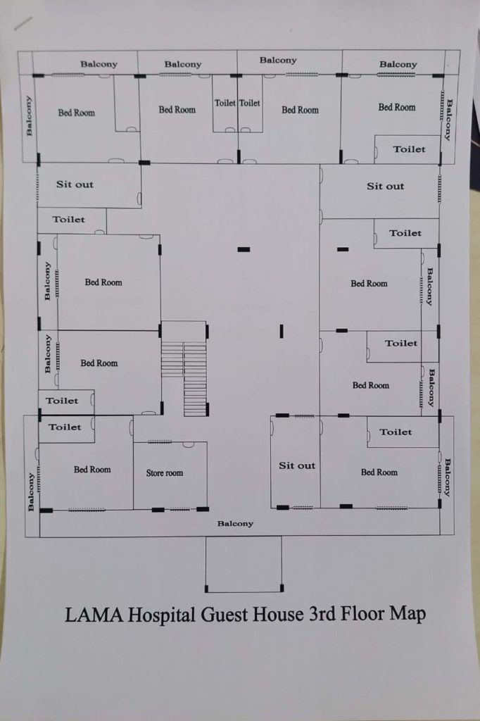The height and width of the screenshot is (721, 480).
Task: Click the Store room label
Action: (165, 472)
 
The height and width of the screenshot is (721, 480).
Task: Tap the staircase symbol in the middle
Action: (184, 368)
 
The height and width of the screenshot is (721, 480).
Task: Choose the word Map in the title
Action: (408, 614)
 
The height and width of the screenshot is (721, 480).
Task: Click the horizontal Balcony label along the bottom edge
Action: (235, 523)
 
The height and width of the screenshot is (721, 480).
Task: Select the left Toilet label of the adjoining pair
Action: (225, 103)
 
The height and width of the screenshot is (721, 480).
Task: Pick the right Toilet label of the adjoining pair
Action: (250, 103)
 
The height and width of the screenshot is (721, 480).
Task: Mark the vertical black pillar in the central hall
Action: (282, 331)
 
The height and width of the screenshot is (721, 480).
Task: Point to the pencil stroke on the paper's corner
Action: (23, 23)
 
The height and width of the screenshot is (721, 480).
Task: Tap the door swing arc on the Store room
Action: (188, 445)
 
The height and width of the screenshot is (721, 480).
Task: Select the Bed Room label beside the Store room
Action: (92, 470)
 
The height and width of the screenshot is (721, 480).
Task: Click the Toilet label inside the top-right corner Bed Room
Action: (409, 149)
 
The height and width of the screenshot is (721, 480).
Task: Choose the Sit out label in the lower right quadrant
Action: (297, 465)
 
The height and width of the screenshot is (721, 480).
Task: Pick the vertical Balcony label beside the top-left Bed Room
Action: (29, 115)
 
